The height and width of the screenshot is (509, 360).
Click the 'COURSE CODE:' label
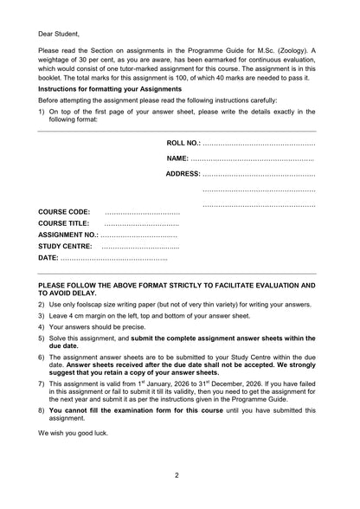64,212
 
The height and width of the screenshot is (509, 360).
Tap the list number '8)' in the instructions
42,410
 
